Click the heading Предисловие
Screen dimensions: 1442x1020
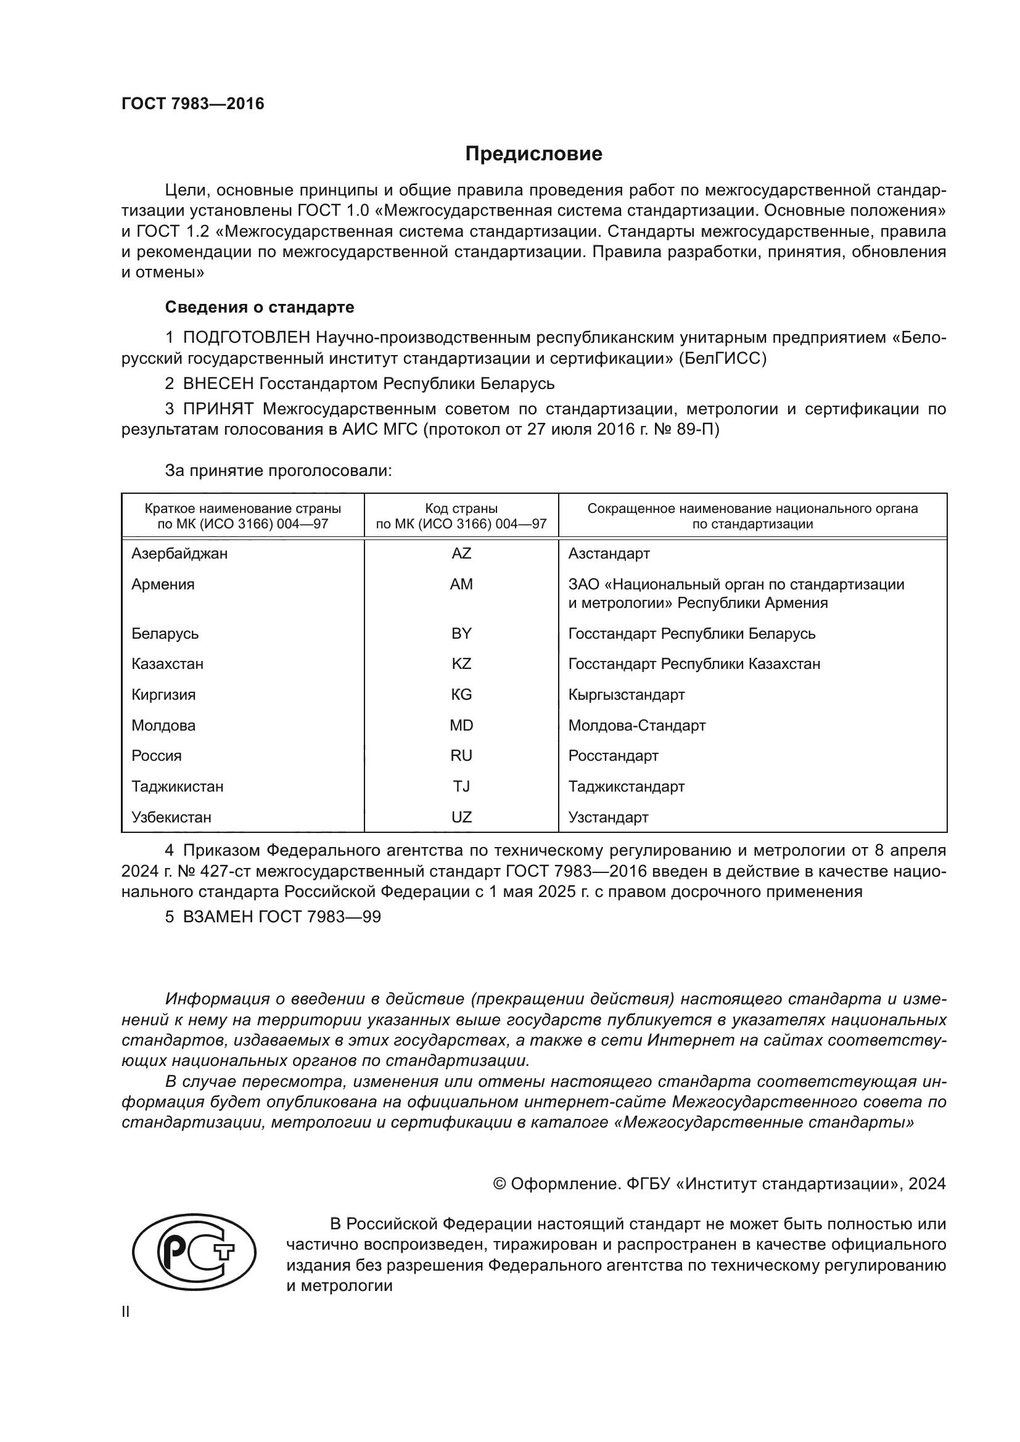(x=533, y=154)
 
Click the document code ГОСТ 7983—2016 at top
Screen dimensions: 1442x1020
(x=193, y=104)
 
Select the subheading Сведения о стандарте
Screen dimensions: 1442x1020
(x=260, y=307)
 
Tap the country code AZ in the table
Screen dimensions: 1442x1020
(x=461, y=553)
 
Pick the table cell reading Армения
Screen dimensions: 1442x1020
(x=163, y=584)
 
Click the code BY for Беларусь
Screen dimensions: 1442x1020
(x=461, y=633)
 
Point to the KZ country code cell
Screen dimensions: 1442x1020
(x=461, y=664)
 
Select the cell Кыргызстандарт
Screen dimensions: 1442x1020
(x=626, y=695)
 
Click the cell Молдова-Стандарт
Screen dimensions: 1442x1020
(x=637, y=726)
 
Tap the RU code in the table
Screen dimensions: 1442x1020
(x=461, y=756)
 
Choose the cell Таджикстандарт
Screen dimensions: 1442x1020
(x=626, y=786)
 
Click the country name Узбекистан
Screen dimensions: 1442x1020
(x=171, y=817)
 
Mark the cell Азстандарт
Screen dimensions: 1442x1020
(x=609, y=553)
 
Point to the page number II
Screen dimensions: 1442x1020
(x=126, y=1311)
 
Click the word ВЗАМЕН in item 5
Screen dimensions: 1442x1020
(x=217, y=917)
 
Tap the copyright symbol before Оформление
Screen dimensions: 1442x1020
(x=500, y=1184)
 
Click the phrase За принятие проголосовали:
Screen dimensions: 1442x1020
(x=278, y=470)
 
